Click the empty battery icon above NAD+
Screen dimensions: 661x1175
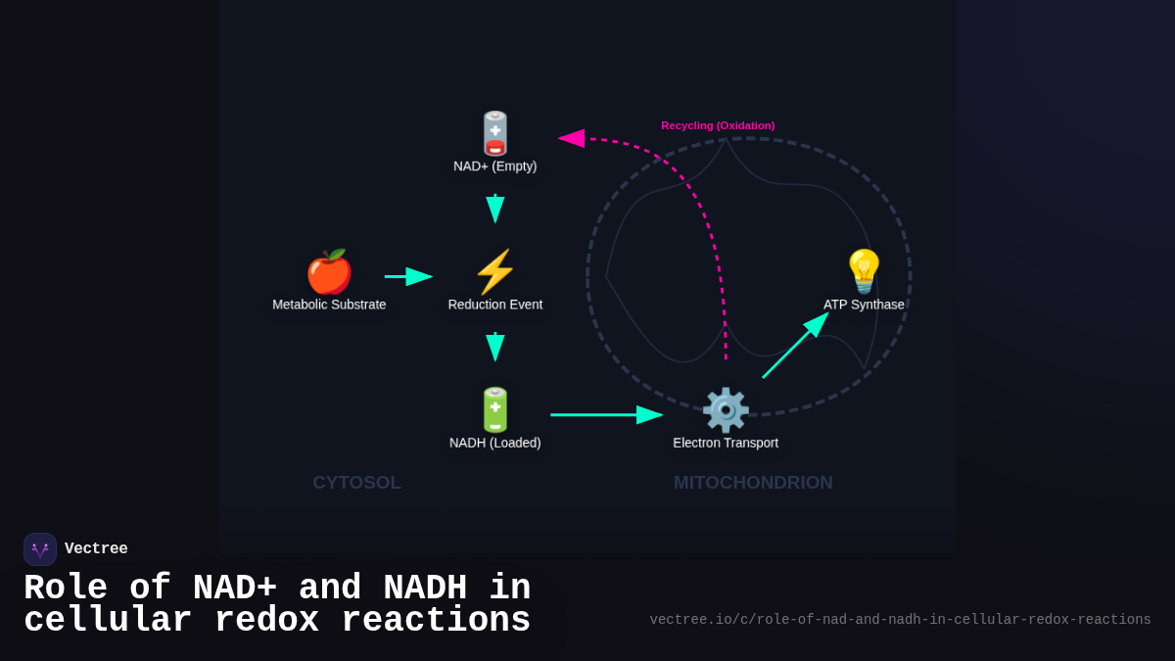tap(495, 133)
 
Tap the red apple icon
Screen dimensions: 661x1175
tap(329, 271)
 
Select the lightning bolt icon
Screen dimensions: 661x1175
tap(495, 271)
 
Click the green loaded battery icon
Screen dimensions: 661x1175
tap(495, 409)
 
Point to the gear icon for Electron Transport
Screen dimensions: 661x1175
tap(726, 409)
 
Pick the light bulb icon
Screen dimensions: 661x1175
tap(864, 271)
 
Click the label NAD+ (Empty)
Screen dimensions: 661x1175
tap(495, 166)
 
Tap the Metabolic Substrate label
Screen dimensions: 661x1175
tap(329, 305)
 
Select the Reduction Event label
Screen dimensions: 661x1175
tap(495, 305)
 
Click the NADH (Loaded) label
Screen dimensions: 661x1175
tap(495, 443)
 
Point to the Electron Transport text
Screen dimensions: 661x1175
tap(726, 443)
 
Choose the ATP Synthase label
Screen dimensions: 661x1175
tap(864, 305)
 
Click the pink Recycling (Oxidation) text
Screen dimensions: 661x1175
tap(718, 125)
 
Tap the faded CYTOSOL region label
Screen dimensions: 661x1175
tap(356, 483)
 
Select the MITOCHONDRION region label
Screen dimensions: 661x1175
tap(753, 483)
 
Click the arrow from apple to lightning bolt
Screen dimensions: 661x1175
tap(408, 277)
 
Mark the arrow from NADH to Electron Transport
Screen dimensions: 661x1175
tap(606, 415)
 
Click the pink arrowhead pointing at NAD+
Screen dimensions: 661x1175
tap(572, 138)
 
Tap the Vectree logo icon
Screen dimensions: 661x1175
tap(40, 549)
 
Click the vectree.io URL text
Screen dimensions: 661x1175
tap(900, 620)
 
